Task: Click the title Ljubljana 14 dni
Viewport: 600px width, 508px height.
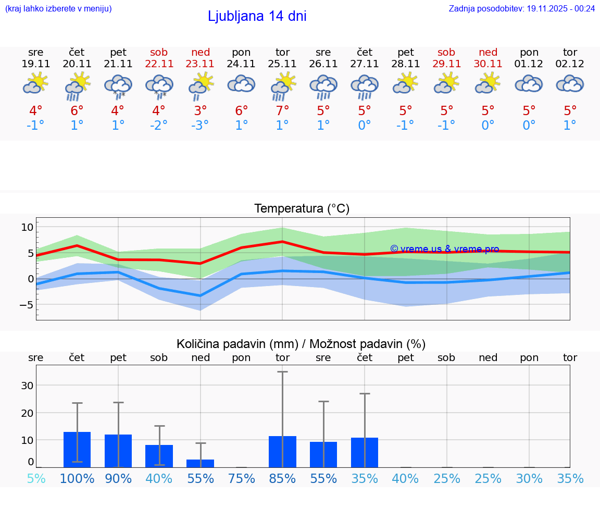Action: click(257, 16)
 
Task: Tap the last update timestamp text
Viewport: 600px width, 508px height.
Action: click(521, 8)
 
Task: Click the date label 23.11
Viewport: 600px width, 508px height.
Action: click(200, 64)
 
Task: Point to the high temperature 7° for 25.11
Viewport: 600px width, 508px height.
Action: click(282, 110)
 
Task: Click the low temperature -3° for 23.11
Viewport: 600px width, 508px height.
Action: click(200, 126)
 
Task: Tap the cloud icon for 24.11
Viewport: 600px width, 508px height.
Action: click(241, 84)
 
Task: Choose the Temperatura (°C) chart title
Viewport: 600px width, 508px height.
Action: click(302, 208)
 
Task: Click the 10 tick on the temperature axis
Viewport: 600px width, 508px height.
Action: click(27, 227)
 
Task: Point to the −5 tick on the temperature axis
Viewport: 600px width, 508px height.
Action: click(26, 304)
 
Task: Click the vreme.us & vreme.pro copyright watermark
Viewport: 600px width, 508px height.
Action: click(445, 249)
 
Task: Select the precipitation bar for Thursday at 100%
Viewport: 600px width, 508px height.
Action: click(77, 449)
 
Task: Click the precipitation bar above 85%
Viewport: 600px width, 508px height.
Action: click(282, 451)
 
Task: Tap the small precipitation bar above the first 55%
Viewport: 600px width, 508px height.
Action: click(200, 463)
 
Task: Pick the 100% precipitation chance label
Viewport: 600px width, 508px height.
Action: click(77, 478)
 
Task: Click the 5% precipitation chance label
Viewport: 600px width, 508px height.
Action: click(36, 478)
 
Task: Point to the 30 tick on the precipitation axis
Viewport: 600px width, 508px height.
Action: click(27, 386)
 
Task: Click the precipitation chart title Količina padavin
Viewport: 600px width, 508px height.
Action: click(301, 344)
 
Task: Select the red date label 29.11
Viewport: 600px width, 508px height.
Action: click(446, 64)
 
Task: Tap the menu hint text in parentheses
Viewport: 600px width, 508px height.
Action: click(58, 8)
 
